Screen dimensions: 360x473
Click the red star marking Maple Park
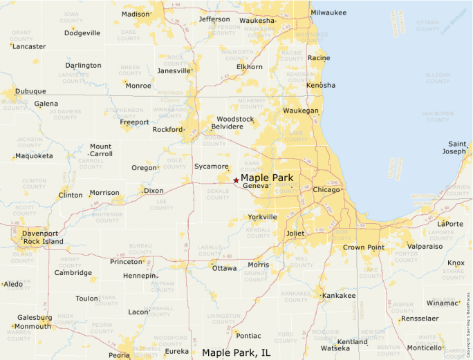point(236,180)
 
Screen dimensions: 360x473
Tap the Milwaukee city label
point(328,12)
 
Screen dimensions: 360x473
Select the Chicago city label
point(326,190)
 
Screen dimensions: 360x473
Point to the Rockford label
point(167,129)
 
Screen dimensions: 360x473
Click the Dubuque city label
point(31,91)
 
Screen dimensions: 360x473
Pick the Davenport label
point(40,234)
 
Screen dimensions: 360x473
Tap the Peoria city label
point(118,355)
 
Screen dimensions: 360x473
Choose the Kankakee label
point(339,296)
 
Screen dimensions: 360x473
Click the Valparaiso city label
point(425,246)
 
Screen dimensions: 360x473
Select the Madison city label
point(135,14)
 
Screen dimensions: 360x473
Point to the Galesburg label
point(35,318)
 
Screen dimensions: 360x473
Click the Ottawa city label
point(224,268)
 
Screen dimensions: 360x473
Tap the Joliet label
point(295,234)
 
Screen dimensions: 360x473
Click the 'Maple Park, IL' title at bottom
point(236,352)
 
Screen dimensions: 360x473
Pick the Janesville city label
point(174,70)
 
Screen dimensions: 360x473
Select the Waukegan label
point(301,111)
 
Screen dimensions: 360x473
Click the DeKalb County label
point(218,193)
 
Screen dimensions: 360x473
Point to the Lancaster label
point(30,46)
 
